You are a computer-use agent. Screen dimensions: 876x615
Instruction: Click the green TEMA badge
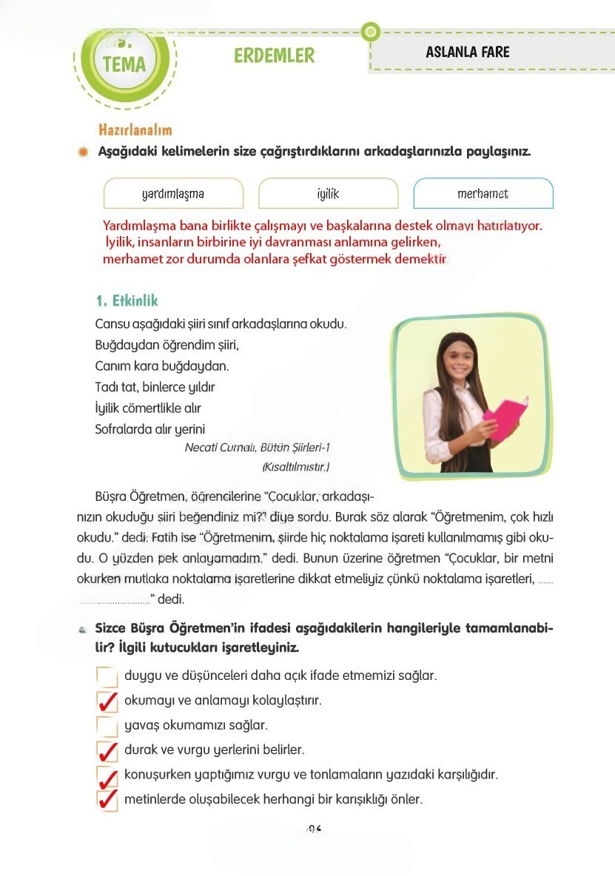pos(124,62)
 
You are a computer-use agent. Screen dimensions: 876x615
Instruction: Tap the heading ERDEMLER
pos(274,55)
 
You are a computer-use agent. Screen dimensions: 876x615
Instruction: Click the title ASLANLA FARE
pos(468,52)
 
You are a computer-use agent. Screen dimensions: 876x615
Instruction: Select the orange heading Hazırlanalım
pos(135,129)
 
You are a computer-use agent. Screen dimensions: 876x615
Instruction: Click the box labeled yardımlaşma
pos(173,194)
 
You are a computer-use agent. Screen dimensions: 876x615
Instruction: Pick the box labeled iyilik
pos(328,194)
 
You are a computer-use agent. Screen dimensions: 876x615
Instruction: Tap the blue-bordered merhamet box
pos(483,194)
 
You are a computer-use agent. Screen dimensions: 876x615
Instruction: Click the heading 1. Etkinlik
pos(127,301)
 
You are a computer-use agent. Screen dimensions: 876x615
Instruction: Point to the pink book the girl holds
pos(505,417)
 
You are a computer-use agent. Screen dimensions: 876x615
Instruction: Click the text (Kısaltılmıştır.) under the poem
pos(295,467)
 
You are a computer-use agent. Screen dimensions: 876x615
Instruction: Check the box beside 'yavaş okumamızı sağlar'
pos(107,726)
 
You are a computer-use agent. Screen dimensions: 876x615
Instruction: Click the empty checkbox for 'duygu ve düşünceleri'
pos(107,676)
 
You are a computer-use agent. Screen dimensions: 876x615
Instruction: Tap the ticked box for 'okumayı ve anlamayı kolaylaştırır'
pos(107,701)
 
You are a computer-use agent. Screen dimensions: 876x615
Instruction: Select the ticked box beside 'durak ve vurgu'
pos(107,751)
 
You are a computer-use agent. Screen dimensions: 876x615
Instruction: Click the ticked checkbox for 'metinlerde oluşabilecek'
pos(107,801)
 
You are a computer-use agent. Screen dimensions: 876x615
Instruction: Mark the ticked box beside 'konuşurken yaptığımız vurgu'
pos(107,776)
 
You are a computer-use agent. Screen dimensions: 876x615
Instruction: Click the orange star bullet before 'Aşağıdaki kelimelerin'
pos(83,152)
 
